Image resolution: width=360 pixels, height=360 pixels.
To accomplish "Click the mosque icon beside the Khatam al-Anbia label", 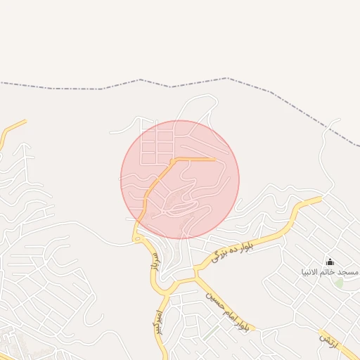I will (330, 263).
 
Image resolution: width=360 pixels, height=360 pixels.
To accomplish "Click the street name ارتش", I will (329, 340).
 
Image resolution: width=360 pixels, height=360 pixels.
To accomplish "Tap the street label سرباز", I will (151, 262).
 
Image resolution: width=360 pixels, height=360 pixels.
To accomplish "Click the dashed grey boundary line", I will (105, 89).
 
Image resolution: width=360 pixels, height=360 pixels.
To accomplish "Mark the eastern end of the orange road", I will (214, 160).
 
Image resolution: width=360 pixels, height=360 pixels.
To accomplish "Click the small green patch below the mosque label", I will (339, 283).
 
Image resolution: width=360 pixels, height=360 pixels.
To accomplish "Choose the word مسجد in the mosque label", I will (349, 272).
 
